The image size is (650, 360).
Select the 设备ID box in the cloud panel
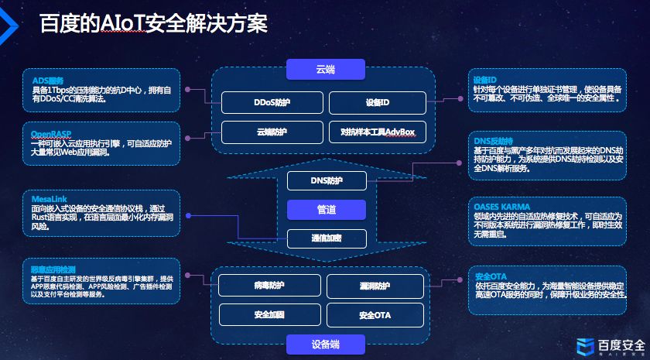[x=377, y=103]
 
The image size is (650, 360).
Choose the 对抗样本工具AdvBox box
[x=377, y=132]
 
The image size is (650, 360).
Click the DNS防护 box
[x=325, y=181]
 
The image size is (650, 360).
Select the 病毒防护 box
[x=269, y=286]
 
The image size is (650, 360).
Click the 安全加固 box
[x=269, y=314]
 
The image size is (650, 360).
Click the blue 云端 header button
[x=325, y=70]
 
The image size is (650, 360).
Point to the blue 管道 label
[x=325, y=210]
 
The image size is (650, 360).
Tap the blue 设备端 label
[x=325, y=344]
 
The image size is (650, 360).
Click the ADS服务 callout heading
[x=47, y=80]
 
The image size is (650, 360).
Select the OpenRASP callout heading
[x=52, y=133]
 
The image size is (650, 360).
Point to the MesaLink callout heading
[x=50, y=199]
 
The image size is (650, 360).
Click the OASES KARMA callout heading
[x=501, y=207]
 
